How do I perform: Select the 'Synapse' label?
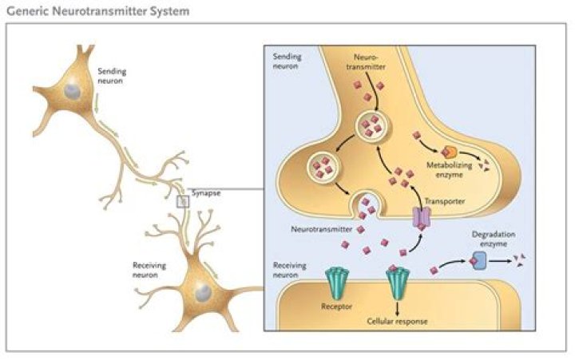[x=205, y=193]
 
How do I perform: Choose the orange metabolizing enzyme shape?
[x=450, y=151]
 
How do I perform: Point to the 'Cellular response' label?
[x=397, y=322]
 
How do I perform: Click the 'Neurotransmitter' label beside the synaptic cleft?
[x=318, y=227]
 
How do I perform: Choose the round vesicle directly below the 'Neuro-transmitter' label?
[x=371, y=125]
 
